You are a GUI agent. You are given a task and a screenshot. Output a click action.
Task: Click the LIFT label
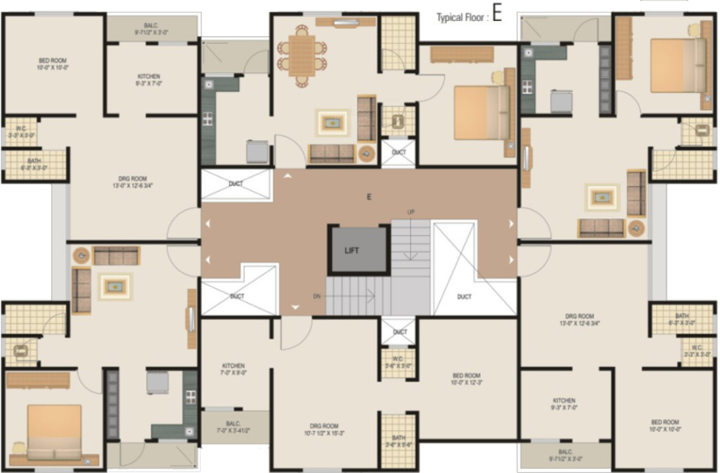(x=353, y=250)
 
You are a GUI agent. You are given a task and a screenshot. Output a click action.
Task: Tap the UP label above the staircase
(x=410, y=212)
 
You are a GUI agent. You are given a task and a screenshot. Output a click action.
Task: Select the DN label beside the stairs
(x=317, y=296)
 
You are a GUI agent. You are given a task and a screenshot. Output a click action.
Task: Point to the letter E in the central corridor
(x=369, y=196)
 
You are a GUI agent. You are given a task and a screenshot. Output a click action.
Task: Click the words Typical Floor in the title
(x=462, y=18)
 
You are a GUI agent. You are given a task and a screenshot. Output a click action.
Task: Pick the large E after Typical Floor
(x=497, y=15)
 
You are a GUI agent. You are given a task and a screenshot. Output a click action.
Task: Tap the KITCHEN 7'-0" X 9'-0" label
(x=233, y=370)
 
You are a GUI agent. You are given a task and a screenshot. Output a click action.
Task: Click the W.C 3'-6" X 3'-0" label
(x=399, y=362)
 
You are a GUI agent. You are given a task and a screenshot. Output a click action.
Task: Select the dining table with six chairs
(x=302, y=55)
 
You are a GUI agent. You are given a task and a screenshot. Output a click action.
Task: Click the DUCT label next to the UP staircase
(x=464, y=297)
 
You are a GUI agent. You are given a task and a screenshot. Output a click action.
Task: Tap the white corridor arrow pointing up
(x=287, y=175)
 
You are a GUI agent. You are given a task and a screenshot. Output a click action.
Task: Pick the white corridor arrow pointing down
(x=295, y=307)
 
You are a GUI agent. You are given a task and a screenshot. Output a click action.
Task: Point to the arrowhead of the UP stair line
(x=410, y=257)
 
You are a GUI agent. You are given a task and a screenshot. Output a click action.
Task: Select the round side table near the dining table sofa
(x=367, y=154)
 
